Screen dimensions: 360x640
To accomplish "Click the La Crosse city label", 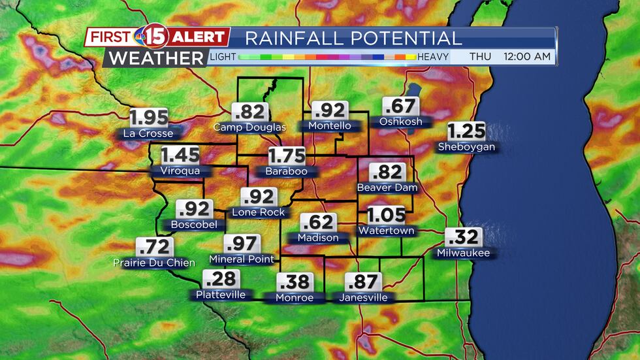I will (148, 133).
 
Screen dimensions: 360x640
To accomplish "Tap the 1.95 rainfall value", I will (148, 118).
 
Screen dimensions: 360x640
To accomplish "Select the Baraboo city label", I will (286, 172).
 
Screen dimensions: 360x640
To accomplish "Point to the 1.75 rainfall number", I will (286, 156).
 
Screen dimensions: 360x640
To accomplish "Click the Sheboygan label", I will (466, 147).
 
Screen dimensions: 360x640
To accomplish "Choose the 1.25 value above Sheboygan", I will (466, 131).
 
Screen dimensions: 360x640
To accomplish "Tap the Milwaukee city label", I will (463, 253).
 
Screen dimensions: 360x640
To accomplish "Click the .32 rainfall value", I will (463, 237).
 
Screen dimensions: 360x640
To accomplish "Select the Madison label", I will (318, 238).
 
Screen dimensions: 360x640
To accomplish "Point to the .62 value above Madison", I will (318, 222).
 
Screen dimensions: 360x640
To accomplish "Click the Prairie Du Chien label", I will (154, 263).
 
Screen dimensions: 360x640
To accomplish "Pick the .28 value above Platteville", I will (221, 279).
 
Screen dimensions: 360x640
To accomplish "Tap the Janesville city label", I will (363, 297).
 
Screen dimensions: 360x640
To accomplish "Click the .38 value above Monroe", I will (294, 282).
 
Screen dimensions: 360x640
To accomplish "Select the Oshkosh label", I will (400, 122).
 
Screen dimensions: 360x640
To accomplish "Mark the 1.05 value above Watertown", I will (386, 215).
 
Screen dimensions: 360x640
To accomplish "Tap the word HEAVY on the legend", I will (433, 57).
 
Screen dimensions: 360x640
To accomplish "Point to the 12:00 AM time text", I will (527, 57).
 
